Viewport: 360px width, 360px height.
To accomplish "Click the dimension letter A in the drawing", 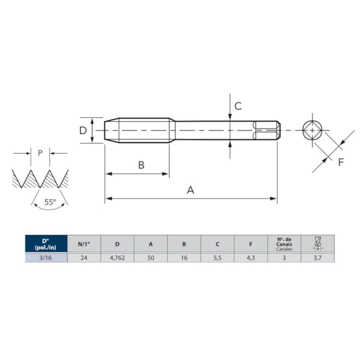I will click(x=190, y=189).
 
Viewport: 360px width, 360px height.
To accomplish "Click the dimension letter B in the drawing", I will click(x=141, y=165).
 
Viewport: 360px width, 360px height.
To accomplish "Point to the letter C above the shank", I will click(x=238, y=106).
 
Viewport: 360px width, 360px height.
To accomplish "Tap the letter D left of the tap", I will click(x=83, y=131).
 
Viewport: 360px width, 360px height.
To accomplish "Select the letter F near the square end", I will click(x=341, y=162).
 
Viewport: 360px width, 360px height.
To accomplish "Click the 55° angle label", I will click(x=50, y=203).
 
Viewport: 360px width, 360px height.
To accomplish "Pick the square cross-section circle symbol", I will click(x=313, y=131).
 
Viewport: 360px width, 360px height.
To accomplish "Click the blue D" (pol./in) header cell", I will click(x=46, y=244).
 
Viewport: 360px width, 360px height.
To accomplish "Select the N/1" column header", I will click(x=84, y=244).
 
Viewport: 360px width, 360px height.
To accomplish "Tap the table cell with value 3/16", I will click(x=46, y=258).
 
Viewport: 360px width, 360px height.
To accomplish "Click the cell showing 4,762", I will click(x=117, y=258).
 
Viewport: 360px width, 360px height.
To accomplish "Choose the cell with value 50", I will click(x=151, y=258).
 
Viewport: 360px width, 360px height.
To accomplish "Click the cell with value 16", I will click(x=184, y=258).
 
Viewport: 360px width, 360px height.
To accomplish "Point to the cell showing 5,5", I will click(x=217, y=258).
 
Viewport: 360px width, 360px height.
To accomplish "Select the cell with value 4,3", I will click(x=251, y=258).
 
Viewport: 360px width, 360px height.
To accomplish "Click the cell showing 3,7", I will click(x=317, y=258).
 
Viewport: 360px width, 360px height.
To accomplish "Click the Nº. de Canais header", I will click(x=284, y=244).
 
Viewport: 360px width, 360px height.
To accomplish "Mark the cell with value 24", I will click(x=84, y=258).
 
